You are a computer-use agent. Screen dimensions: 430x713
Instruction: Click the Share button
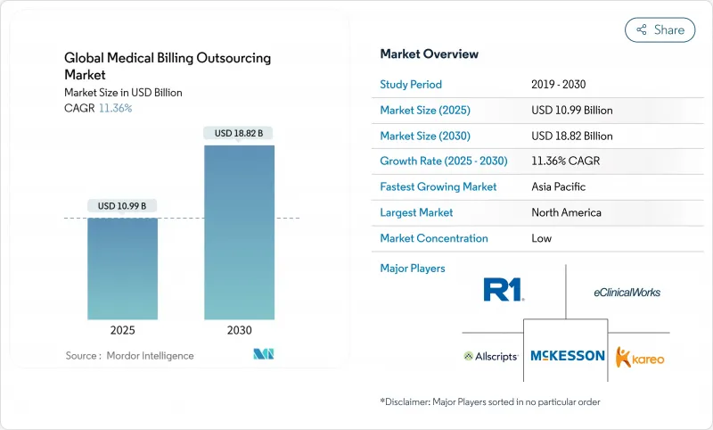[x=660, y=29]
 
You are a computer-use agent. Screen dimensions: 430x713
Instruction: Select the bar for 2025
[x=122, y=268]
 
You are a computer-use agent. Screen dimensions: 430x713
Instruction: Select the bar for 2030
[x=239, y=232]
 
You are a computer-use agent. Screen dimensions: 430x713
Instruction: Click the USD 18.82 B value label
[x=239, y=133]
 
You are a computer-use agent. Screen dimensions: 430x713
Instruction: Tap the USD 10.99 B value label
[x=122, y=205]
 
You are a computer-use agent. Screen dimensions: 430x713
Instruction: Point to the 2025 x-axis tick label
[x=122, y=330]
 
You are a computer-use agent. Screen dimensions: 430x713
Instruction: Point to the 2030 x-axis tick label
[x=239, y=330]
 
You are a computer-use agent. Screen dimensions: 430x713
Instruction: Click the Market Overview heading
[x=429, y=54]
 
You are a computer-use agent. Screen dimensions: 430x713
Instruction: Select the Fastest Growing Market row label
[x=438, y=187]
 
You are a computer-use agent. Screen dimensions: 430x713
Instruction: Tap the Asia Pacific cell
[x=560, y=187]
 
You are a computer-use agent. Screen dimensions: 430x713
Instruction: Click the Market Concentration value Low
[x=541, y=238]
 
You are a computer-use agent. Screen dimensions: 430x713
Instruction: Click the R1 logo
[x=504, y=289]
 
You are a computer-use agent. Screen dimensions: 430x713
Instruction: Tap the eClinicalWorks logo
[x=627, y=292]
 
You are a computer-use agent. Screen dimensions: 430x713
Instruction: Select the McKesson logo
[x=568, y=355]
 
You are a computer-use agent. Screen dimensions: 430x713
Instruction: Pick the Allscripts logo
[x=491, y=356]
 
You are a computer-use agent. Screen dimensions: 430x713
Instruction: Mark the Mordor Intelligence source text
[x=129, y=356]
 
